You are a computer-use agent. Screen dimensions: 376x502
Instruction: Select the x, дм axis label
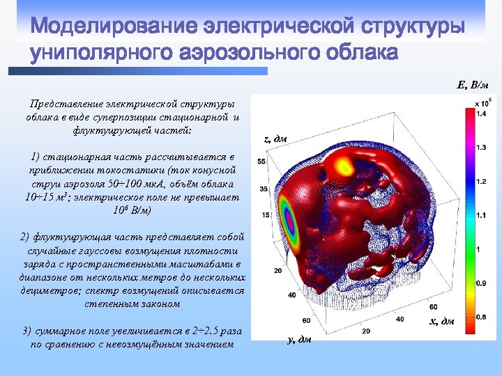coord(441,321)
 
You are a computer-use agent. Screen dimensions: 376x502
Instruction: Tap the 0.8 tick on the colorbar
coord(481,317)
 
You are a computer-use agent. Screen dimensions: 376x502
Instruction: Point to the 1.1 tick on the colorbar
coord(481,215)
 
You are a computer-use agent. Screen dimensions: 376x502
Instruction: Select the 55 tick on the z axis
coord(262,162)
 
